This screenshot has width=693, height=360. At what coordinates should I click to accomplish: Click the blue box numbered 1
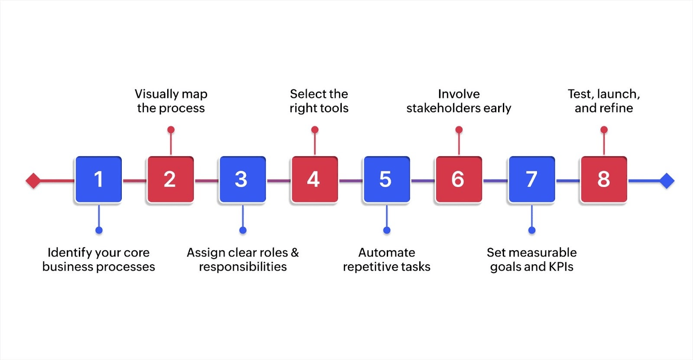click(98, 179)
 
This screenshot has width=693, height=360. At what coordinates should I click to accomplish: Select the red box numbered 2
click(170, 179)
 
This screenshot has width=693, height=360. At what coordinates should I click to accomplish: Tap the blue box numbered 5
click(386, 179)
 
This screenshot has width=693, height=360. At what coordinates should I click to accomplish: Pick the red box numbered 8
click(604, 179)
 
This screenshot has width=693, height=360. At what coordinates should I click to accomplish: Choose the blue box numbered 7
click(531, 179)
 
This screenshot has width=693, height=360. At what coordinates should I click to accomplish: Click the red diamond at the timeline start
click(33, 181)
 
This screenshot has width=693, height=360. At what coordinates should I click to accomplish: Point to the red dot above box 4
click(315, 130)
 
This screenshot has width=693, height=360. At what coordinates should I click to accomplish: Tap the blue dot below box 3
click(243, 230)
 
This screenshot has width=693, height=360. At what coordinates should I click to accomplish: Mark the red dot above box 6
click(459, 130)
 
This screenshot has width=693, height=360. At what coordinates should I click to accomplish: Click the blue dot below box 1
click(99, 230)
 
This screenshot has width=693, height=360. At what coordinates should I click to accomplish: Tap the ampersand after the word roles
click(295, 253)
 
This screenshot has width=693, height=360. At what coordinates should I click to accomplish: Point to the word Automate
click(387, 253)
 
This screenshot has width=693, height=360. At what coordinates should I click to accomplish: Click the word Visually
click(156, 94)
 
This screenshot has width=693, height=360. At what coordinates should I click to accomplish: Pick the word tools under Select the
click(333, 108)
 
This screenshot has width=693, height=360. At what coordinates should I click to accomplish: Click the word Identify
click(70, 253)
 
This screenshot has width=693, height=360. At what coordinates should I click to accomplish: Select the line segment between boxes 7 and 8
click(568, 181)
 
